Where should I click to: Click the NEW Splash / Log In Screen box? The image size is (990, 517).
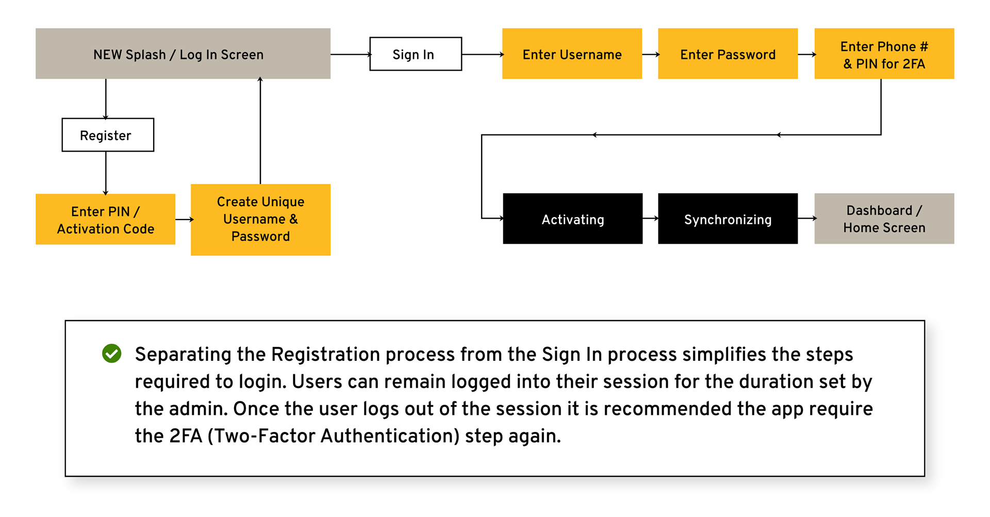[183, 54]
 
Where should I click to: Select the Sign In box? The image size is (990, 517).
[416, 54]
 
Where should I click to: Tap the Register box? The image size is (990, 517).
[108, 135]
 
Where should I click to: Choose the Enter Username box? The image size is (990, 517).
[572, 54]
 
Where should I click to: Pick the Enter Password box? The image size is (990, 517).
[728, 54]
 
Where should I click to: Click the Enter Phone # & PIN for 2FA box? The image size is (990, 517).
[884, 54]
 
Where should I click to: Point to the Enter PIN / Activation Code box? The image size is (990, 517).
[106, 219]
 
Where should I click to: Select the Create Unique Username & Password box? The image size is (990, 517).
[260, 220]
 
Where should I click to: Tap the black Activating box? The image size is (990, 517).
[573, 219]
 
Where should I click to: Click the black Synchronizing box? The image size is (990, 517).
[728, 219]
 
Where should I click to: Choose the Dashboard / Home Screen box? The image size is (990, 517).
[884, 219]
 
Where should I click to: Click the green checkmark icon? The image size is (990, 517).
[111, 354]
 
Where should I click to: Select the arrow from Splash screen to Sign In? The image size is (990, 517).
[351, 54]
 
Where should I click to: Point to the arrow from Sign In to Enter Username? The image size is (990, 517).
[483, 54]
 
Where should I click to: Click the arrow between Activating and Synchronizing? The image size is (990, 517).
[651, 219]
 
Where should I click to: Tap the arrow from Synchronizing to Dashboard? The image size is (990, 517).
[807, 219]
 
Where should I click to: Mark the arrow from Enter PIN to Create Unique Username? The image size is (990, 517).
[184, 220]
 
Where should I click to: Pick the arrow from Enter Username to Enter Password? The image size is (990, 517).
[651, 54]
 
